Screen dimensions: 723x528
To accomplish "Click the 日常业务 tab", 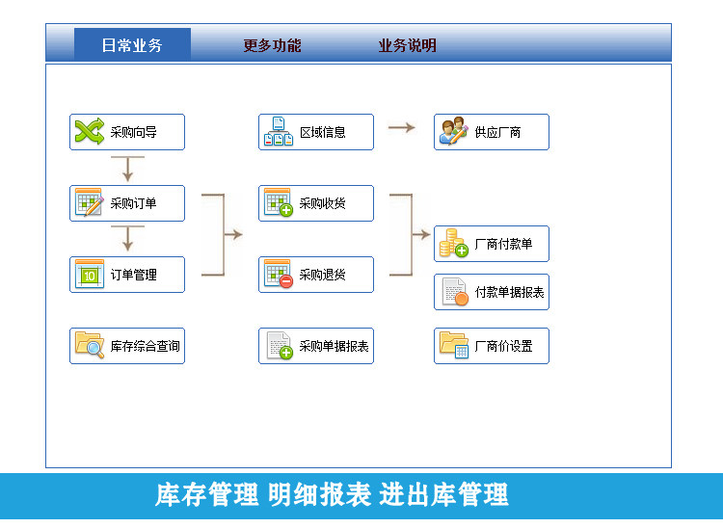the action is [x=132, y=45].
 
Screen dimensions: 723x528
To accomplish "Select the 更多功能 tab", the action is [x=272, y=45].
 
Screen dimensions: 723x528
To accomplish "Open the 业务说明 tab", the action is [x=407, y=45].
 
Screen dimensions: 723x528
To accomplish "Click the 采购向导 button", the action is [x=126, y=132].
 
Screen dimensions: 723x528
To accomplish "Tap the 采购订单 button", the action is [x=126, y=203].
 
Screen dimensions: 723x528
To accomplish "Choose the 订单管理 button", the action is [x=126, y=275].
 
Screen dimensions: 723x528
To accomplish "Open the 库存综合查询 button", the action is [x=126, y=346].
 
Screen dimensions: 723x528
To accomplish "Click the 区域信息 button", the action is [x=315, y=132].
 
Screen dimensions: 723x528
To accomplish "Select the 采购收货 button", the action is [x=315, y=203].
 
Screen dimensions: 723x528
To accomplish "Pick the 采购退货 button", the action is [x=315, y=275].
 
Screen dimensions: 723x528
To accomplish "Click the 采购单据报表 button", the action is [x=315, y=346].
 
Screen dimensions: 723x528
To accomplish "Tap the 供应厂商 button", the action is [x=491, y=132].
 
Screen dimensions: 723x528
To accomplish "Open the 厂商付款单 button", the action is [x=491, y=244].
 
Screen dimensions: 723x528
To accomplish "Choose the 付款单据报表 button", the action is [x=491, y=292].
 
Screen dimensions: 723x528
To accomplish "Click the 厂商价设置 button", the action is [x=491, y=346].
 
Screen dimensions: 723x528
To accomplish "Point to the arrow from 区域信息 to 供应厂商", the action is [x=402, y=127].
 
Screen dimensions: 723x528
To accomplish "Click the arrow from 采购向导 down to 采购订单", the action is [x=127, y=168].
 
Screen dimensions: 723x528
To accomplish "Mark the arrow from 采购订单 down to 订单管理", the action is [x=127, y=238].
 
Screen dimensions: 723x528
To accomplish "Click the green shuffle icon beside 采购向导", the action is [x=89, y=132].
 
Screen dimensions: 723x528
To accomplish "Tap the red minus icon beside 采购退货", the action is [x=285, y=281].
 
